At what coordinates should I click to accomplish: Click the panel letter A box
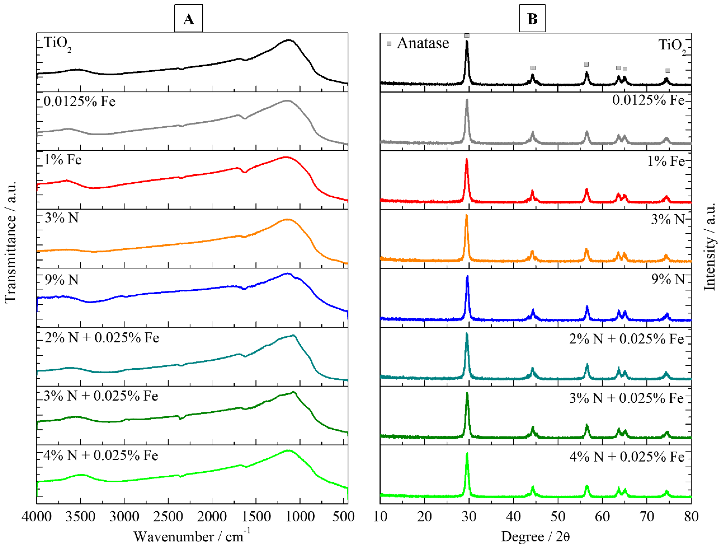[x=188, y=19]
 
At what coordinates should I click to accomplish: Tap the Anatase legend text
[x=423, y=43]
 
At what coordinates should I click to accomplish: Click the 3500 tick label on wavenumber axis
[x=80, y=516]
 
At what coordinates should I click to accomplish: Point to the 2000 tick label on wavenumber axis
[x=212, y=516]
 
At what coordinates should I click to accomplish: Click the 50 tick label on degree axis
[x=558, y=516]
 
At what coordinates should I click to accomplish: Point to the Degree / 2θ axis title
[x=535, y=536]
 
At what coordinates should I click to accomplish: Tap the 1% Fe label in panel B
[x=666, y=161]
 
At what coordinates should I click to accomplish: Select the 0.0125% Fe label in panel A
[x=80, y=101]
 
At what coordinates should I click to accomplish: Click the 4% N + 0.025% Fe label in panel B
[x=626, y=457]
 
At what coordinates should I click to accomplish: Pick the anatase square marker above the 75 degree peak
[x=667, y=71]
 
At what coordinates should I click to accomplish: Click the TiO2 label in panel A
[x=57, y=43]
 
